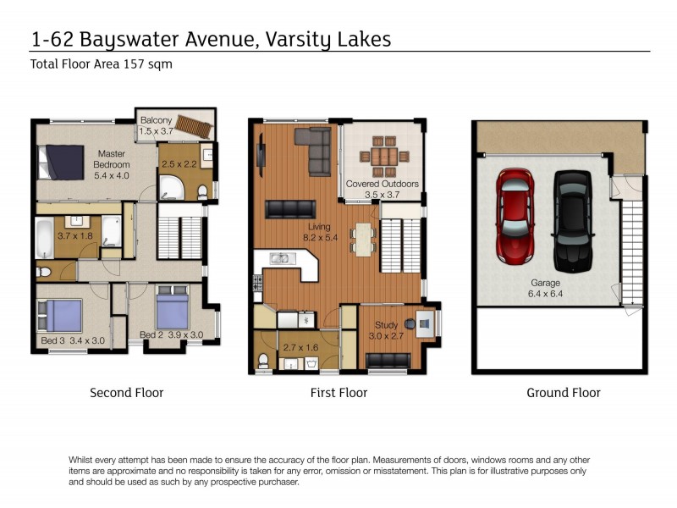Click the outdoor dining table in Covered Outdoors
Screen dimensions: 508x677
pos(384,156)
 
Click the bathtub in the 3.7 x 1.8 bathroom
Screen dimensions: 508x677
pos(44,231)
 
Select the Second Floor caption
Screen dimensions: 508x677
pos(127,393)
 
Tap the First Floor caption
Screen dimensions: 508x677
pos(338,393)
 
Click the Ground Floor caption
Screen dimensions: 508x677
pos(563,393)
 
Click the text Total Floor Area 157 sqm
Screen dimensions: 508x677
pos(101,64)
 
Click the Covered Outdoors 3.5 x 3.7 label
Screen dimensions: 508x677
pos(383,189)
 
